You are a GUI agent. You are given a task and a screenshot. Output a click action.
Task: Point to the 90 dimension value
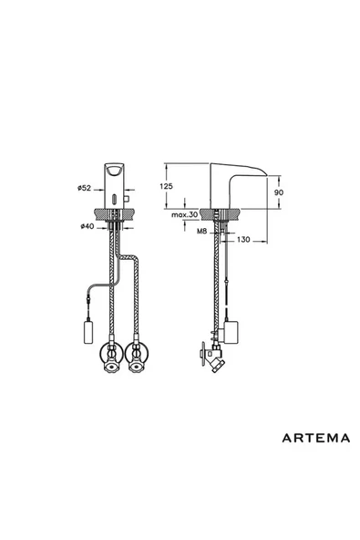coord(282,192)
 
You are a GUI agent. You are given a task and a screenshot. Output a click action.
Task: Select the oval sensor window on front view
coord(112,196)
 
